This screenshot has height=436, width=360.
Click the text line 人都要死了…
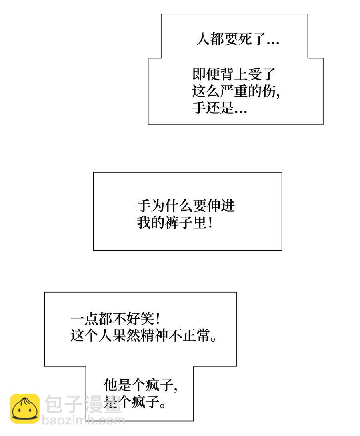pos(238,39)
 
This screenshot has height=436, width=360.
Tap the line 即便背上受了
pos(234,74)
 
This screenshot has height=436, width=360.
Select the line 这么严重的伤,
pos(236,91)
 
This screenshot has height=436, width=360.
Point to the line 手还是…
pos(220,108)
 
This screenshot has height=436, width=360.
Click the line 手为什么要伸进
pos(186,206)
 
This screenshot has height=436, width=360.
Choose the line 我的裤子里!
pos(175,223)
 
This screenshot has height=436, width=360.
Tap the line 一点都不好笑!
pos(115,319)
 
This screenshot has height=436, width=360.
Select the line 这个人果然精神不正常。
pos(143,335)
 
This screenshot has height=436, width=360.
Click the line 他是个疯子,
pos(141,385)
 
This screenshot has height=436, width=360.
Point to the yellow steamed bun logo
pos(25,408)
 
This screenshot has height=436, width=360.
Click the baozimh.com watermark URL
pos(83,420)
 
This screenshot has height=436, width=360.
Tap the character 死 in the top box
pos(245,39)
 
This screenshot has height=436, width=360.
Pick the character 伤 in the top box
pos(269,91)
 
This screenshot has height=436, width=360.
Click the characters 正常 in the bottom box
pos(196,335)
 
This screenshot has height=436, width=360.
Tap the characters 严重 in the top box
pos(234,91)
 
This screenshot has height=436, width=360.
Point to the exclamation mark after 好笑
pos(158,319)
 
